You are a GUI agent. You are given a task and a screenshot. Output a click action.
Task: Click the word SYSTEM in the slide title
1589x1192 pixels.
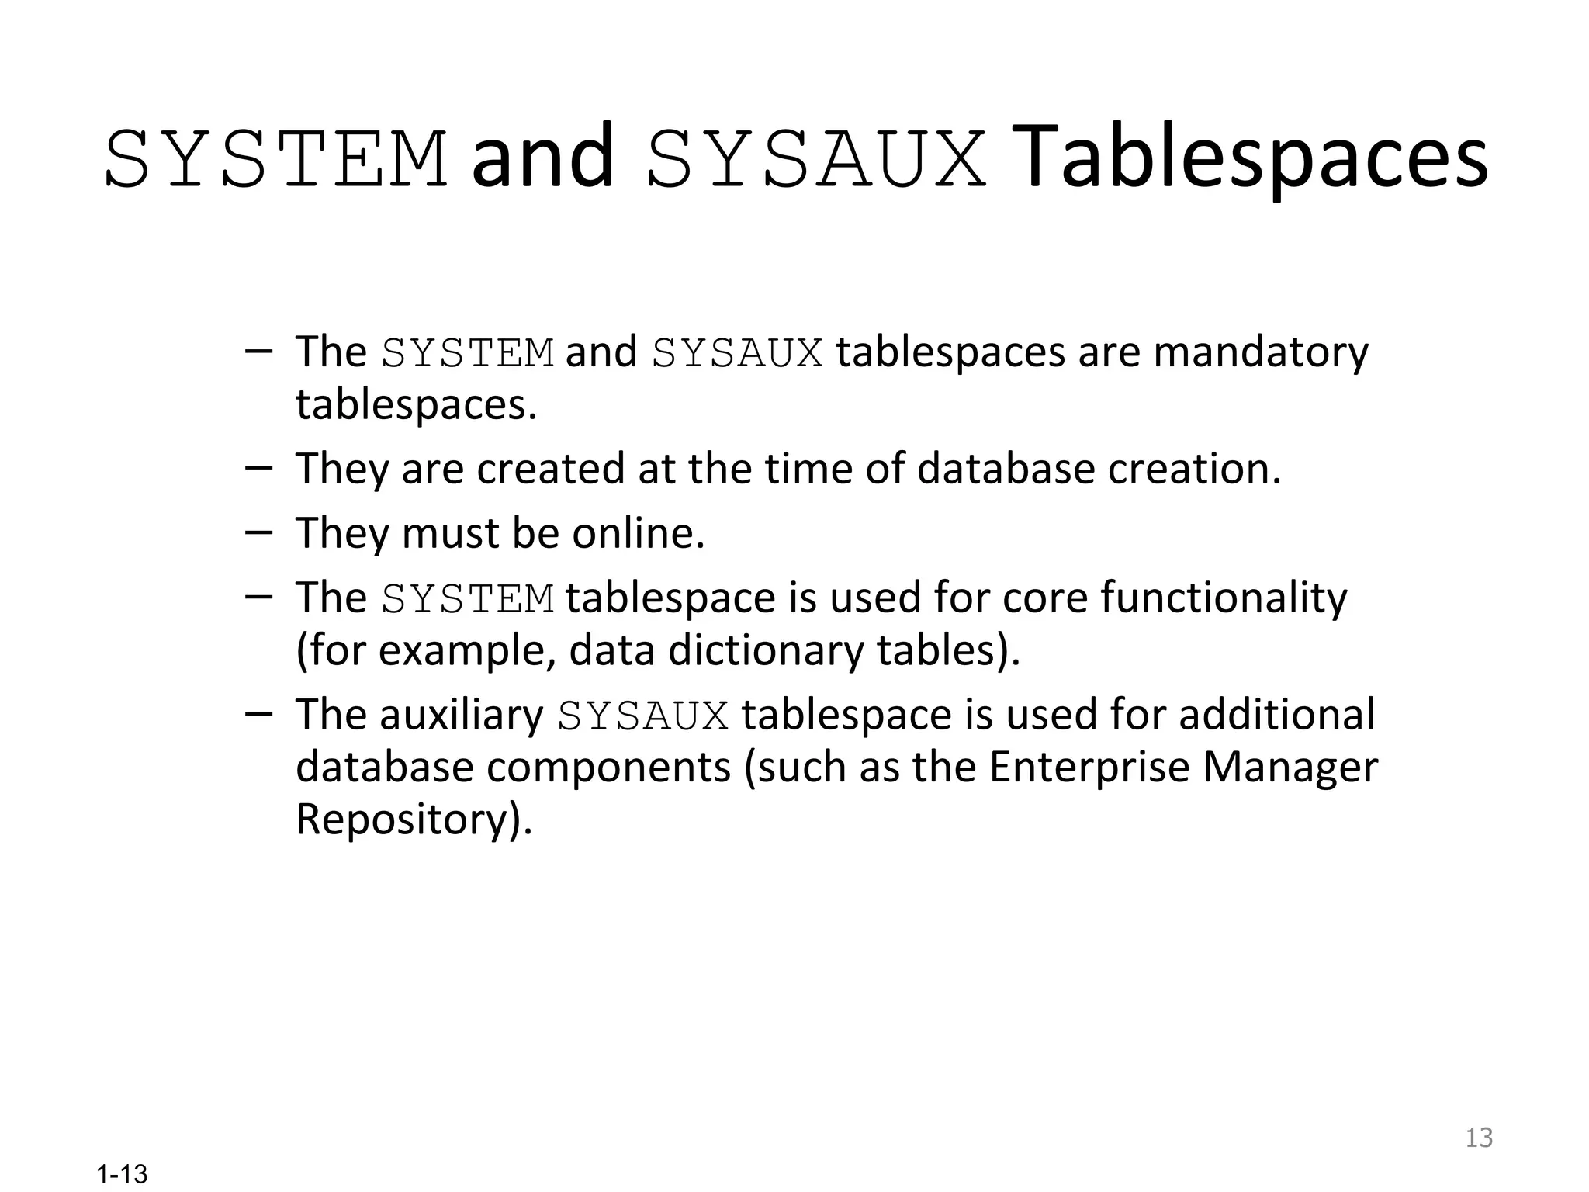pos(276,161)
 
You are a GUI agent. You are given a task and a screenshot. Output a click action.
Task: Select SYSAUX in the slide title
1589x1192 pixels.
pos(816,161)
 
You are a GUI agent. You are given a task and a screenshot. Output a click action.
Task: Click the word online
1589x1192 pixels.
pos(638,533)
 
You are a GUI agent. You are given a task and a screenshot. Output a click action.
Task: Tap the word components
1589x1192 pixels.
pos(608,767)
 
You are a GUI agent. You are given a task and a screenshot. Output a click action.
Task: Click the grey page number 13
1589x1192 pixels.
pos(1479,1138)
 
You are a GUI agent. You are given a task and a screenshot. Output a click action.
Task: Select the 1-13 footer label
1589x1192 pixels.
pos(122,1174)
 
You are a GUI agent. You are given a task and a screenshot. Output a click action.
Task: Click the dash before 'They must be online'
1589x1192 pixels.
pos(258,532)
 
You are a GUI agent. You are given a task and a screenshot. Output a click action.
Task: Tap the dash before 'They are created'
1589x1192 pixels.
pos(258,468)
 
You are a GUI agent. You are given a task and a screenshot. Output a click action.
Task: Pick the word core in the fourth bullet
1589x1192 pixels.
pos(1044,598)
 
